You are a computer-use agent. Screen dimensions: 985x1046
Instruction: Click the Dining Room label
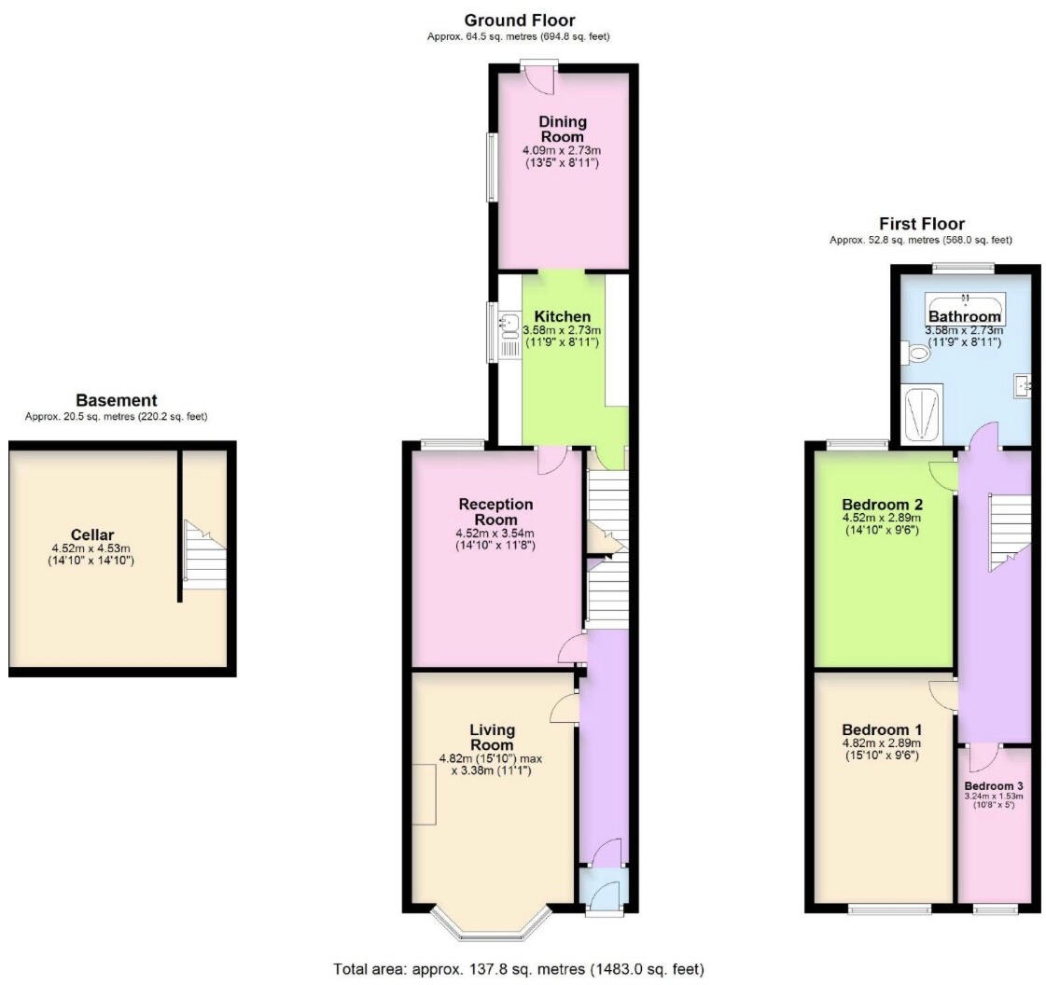563,129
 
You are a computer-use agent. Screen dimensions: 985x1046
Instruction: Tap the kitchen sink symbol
509,325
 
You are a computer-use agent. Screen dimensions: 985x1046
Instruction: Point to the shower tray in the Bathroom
922,414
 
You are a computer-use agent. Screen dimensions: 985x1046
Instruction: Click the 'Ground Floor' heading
519,20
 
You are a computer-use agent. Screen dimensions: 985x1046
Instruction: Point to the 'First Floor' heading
921,223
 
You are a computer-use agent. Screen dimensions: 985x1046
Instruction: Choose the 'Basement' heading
116,400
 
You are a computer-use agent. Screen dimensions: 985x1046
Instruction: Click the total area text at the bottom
519,968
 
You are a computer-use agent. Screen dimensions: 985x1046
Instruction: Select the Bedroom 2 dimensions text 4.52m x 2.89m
882,519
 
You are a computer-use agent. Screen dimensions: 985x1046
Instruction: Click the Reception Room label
495,511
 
